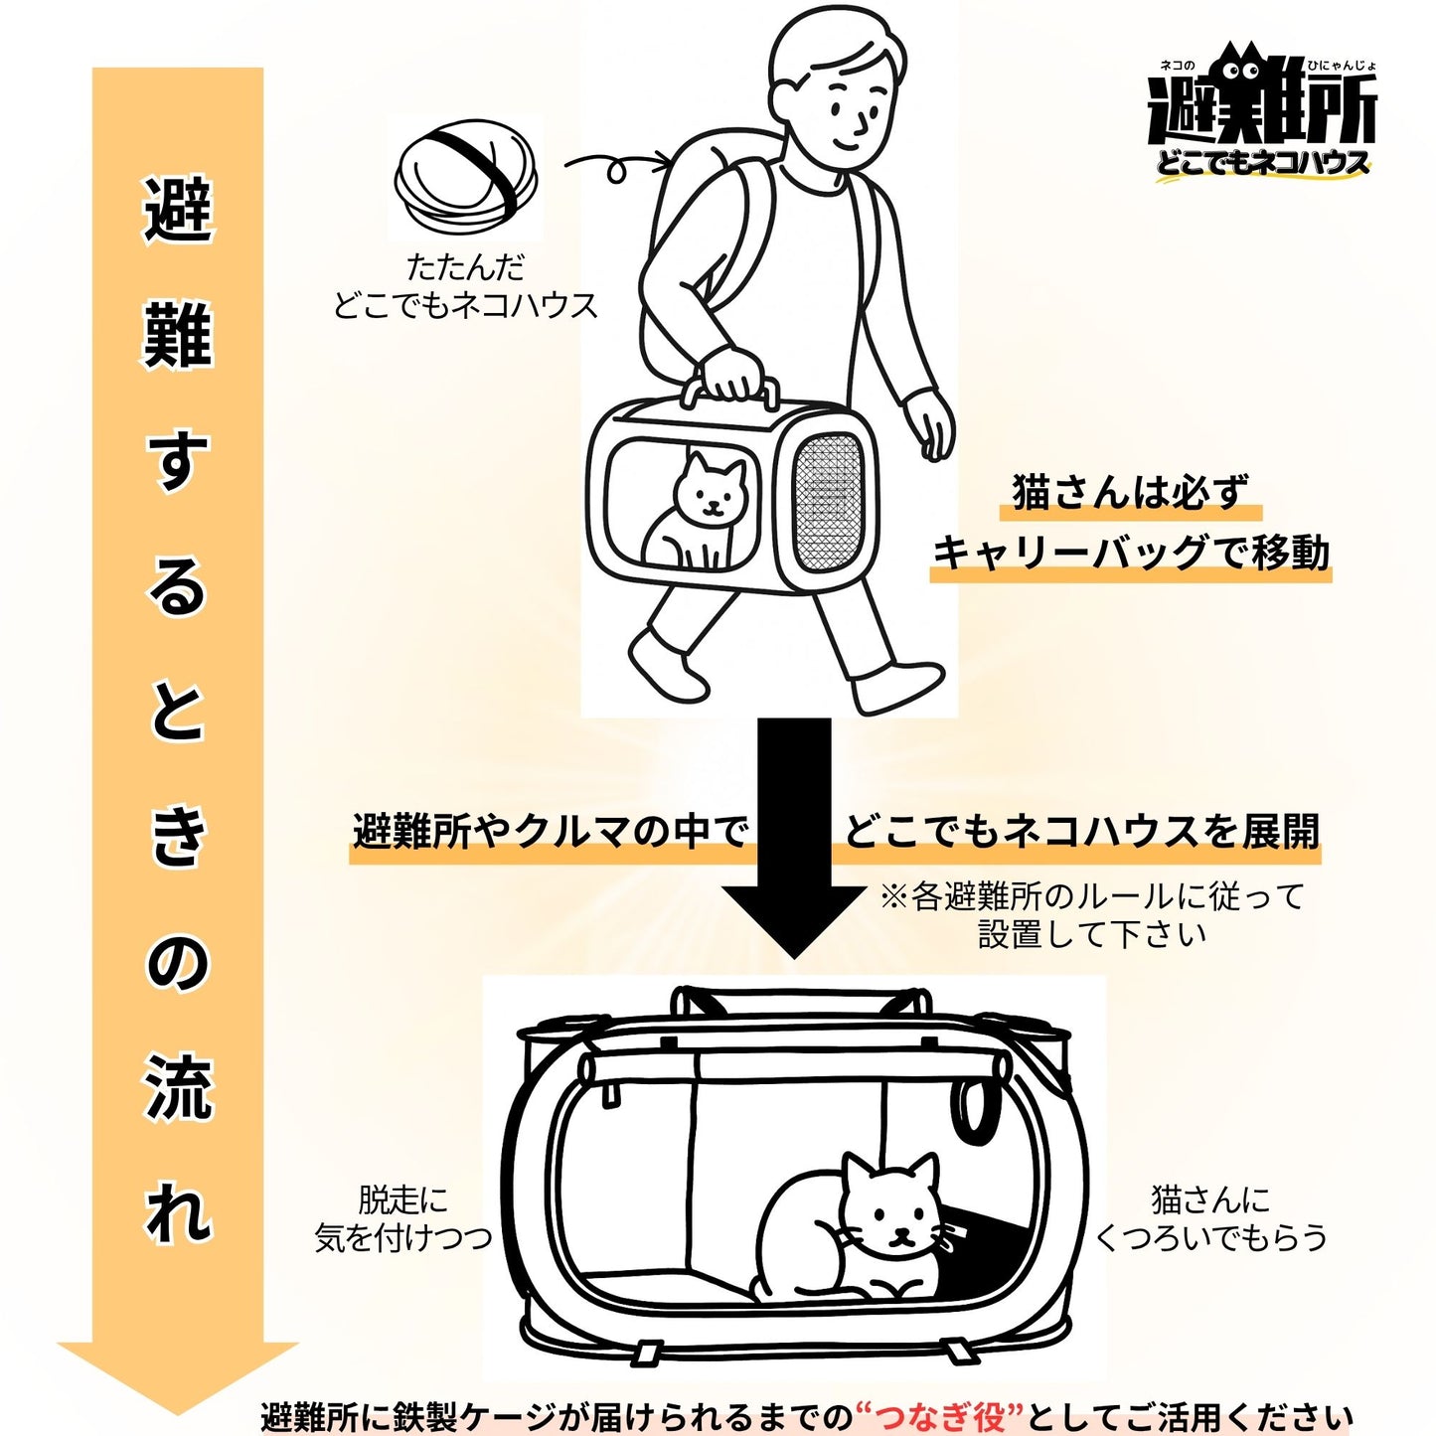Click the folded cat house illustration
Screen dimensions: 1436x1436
click(466, 177)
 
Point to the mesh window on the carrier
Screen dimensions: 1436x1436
click(827, 501)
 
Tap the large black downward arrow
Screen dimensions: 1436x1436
click(794, 835)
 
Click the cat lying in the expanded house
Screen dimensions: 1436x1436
click(855, 1232)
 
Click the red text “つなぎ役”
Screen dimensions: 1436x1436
click(939, 1414)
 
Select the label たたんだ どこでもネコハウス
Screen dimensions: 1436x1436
click(465, 286)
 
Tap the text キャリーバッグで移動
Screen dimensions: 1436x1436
click(1130, 554)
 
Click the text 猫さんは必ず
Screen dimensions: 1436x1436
click(1130, 492)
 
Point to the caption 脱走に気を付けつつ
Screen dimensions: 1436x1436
click(402, 1218)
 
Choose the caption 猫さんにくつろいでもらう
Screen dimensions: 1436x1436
click(1210, 1218)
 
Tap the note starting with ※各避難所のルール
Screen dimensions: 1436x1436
click(1091, 915)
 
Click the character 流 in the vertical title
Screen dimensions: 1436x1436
click(179, 1088)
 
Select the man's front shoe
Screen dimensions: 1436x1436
click(897, 686)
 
